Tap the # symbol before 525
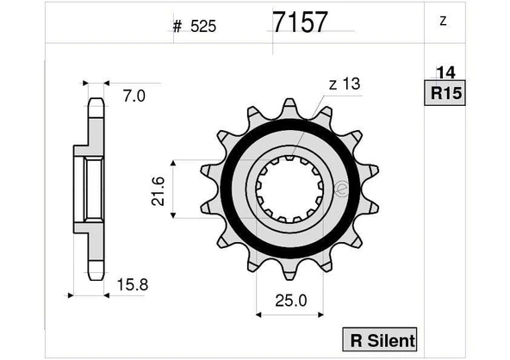177,27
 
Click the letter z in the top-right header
442,22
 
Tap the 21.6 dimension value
156,188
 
